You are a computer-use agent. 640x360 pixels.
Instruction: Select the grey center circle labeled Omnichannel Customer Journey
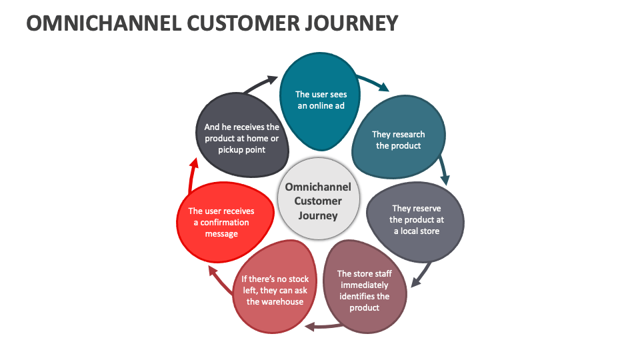pos(318,201)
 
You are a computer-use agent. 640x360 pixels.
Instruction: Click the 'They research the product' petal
pos(398,139)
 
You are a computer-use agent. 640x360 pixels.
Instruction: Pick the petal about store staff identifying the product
pos(364,290)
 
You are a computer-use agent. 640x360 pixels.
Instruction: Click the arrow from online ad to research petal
pos(373,82)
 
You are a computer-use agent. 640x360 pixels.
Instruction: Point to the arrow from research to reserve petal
pos(444,170)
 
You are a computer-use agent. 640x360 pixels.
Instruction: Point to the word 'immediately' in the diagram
pos(364,285)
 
